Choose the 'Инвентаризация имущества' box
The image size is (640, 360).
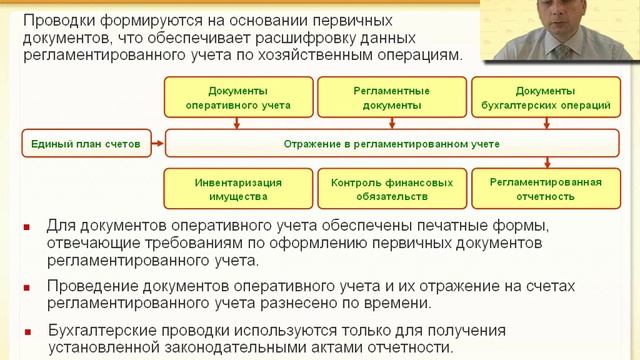coord(237,190)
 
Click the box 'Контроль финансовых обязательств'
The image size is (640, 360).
coord(387,190)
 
